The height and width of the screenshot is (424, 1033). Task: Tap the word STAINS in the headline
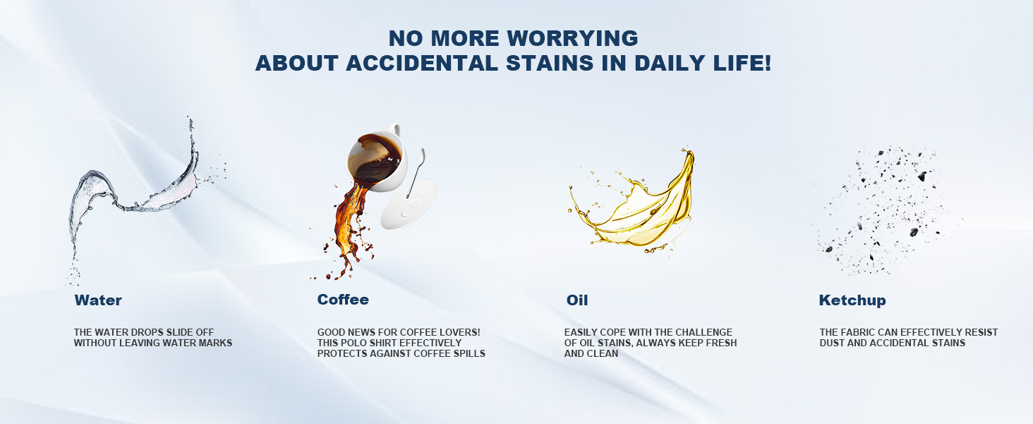click(550, 64)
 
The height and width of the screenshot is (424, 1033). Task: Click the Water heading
click(98, 300)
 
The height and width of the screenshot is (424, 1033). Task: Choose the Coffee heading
click(343, 300)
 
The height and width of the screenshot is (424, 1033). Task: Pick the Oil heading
click(577, 300)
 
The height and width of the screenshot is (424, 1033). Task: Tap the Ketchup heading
click(852, 300)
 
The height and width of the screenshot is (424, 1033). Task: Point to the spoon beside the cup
click(416, 172)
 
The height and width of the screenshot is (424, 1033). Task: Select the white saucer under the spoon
click(408, 206)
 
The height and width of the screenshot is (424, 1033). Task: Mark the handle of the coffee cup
click(394, 129)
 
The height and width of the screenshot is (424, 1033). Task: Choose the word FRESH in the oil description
click(722, 343)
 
